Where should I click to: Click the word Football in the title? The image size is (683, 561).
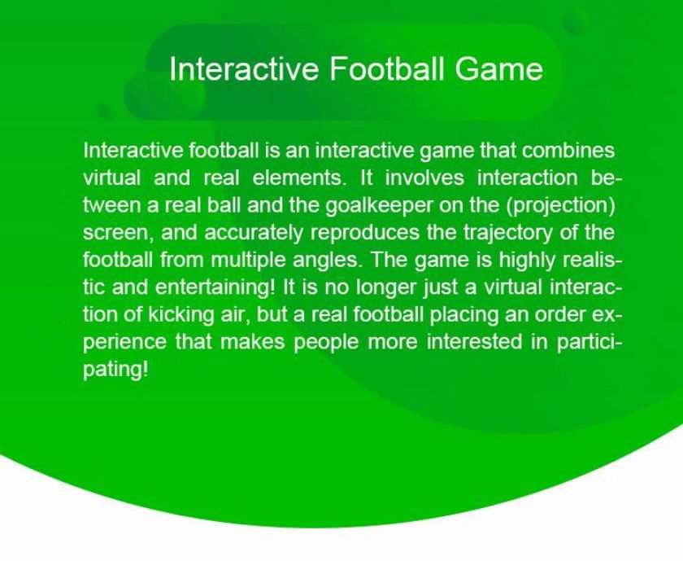[387, 68]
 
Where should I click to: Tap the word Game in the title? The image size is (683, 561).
[499, 68]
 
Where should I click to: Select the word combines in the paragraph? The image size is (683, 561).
[568, 151]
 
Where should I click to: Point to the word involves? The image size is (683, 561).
[424, 178]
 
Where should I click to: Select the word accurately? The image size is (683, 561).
[253, 233]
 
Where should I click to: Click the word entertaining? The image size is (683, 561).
[215, 288]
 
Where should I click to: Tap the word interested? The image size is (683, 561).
[474, 342]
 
